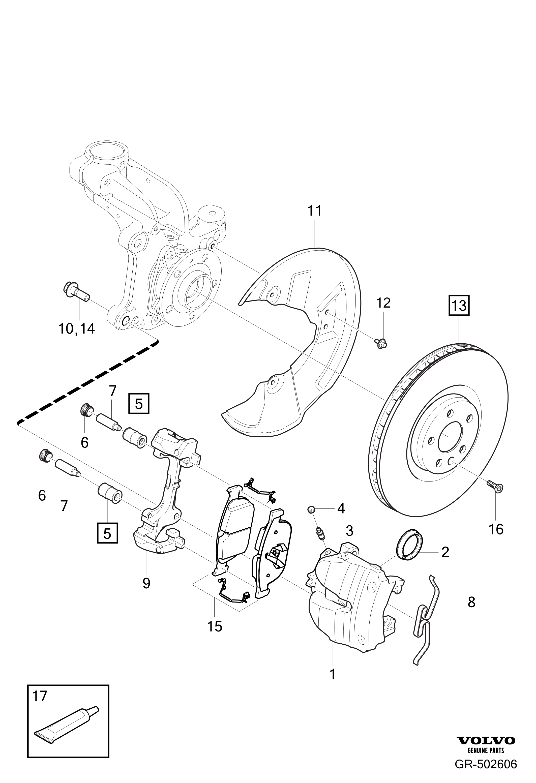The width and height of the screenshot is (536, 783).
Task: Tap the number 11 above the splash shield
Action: point(314,211)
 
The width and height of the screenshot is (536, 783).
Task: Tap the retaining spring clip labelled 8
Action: point(426,621)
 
